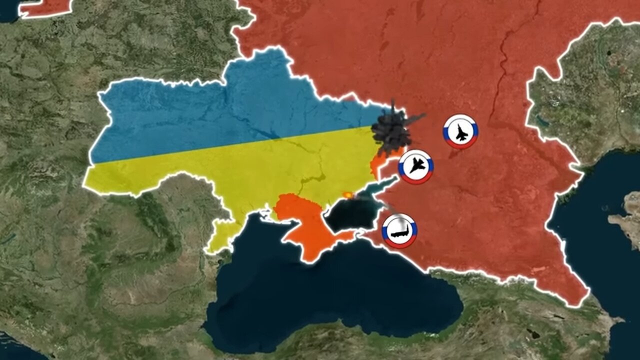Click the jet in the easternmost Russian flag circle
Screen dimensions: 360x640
click(460, 132)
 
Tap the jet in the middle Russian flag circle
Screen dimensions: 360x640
click(415, 165)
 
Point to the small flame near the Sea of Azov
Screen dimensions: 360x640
click(346, 194)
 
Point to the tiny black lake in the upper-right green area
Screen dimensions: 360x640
click(609, 52)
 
